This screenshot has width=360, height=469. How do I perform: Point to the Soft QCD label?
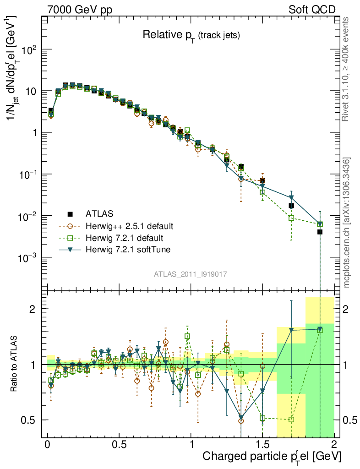pyautogui.click(x=312, y=10)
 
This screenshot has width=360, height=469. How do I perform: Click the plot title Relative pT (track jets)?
pyautogui.click(x=191, y=35)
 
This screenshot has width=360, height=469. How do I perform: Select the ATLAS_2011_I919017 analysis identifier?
pyautogui.click(x=191, y=274)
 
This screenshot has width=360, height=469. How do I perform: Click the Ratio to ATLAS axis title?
pyautogui.click(x=15, y=364)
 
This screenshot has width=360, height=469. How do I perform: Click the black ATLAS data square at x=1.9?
pyautogui.click(x=320, y=232)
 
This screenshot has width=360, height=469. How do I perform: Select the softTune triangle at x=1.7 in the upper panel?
pyautogui.click(x=291, y=198)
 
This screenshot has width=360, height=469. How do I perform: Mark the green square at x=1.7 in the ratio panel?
pyautogui.click(x=291, y=420)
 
